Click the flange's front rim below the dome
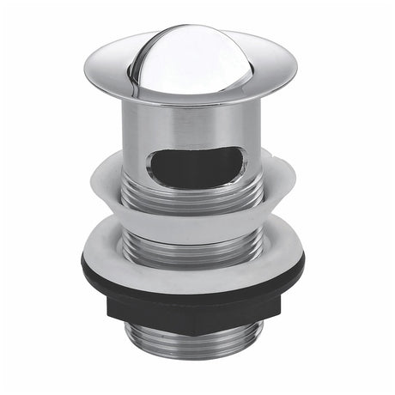[193, 96]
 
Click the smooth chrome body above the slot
[193, 125]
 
